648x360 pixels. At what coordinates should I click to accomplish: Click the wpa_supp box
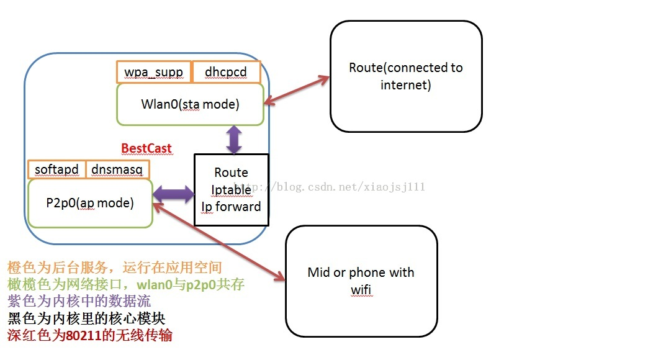click(154, 72)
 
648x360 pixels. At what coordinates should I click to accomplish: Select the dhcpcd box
click(226, 72)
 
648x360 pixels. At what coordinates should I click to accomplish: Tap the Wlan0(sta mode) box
click(190, 104)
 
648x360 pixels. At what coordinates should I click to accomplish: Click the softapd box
click(56, 169)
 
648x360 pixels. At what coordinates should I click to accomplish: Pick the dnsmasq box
click(117, 169)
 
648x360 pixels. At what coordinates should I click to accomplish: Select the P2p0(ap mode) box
click(90, 203)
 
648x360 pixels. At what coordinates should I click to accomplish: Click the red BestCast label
click(146, 148)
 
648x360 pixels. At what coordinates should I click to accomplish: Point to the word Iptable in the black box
click(231, 189)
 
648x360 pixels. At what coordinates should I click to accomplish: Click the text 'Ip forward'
click(231, 207)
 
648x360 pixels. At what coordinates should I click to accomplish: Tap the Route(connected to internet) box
click(406, 76)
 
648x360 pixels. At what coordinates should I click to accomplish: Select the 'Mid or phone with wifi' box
click(361, 281)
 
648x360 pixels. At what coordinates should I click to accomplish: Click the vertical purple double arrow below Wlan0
click(234, 139)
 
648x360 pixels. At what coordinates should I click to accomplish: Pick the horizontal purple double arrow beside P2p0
click(173, 194)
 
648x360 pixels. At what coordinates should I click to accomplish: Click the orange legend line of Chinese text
click(115, 268)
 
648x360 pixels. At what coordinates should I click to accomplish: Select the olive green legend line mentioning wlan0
click(125, 285)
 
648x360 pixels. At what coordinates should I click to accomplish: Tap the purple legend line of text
click(79, 302)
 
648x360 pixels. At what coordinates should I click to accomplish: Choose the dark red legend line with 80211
click(90, 336)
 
